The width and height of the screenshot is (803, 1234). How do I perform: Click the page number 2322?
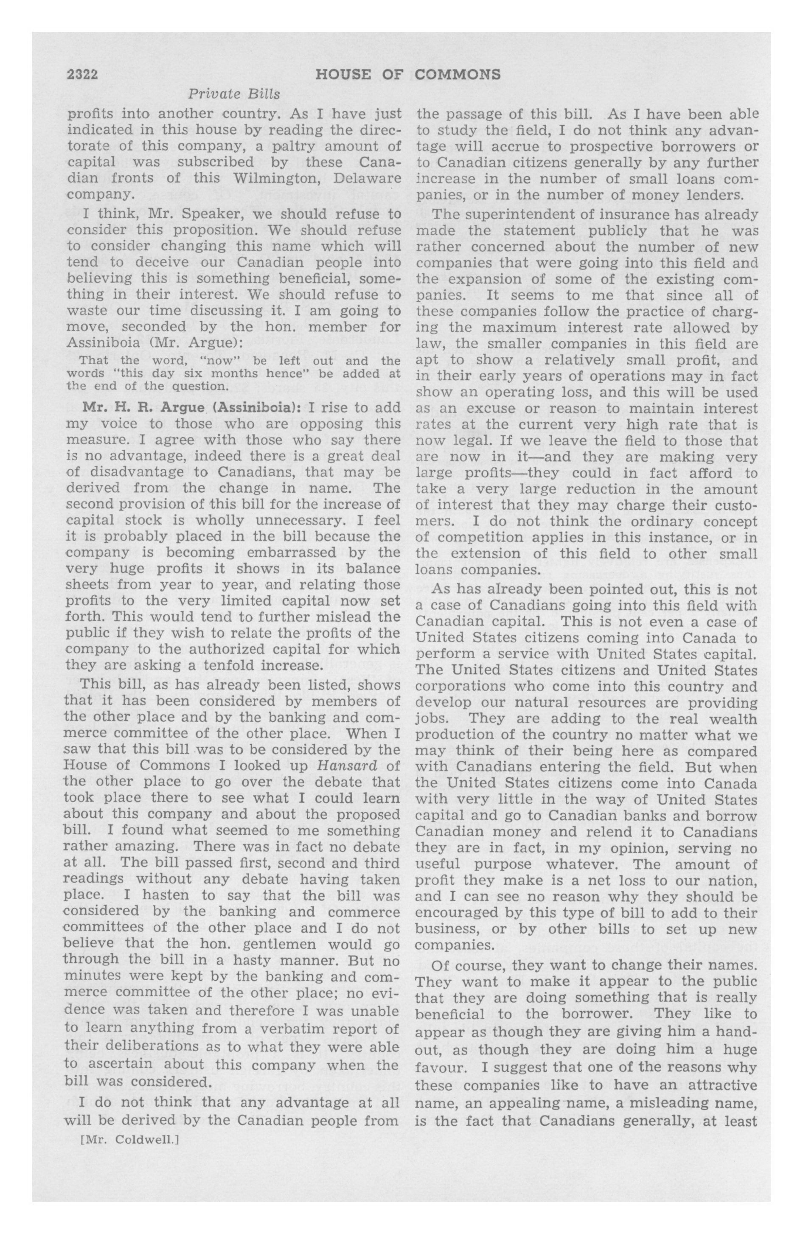pos(82,75)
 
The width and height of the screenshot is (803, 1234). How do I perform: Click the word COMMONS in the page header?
pos(458,75)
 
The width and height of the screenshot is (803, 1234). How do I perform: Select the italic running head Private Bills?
pos(233,94)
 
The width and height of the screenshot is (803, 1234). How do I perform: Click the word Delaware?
pos(367,178)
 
